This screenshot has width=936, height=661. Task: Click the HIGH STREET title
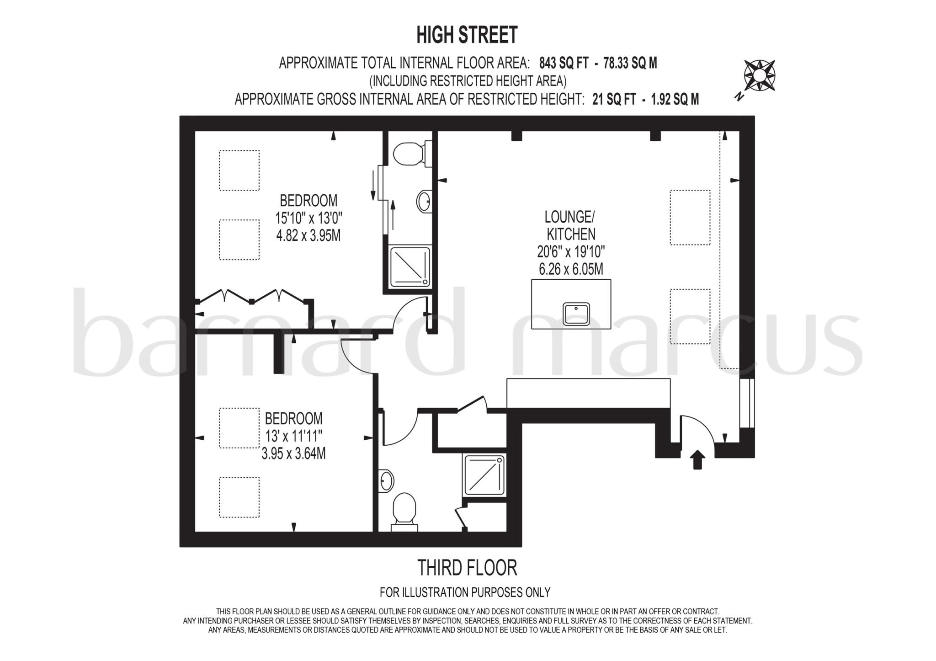click(x=467, y=35)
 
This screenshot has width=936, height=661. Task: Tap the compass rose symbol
click(x=759, y=75)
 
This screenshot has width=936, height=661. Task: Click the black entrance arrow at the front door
click(x=697, y=459)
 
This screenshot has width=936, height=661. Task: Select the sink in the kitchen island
click(x=576, y=314)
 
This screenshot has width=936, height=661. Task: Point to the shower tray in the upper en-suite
click(x=410, y=267)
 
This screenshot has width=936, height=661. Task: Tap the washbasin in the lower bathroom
click(x=387, y=481)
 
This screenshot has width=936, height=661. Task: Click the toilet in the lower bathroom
click(x=404, y=511)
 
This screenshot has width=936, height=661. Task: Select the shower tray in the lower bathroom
click(x=484, y=475)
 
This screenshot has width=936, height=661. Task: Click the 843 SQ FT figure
click(x=564, y=63)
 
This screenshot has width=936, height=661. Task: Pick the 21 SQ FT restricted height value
click(x=614, y=99)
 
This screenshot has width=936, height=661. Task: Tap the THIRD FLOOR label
click(x=467, y=568)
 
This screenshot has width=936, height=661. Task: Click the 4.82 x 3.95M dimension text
click(x=308, y=235)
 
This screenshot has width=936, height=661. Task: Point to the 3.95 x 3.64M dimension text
click(x=293, y=453)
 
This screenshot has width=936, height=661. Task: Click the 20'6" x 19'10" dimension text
click(x=571, y=251)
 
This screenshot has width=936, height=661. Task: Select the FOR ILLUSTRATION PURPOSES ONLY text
click(x=465, y=592)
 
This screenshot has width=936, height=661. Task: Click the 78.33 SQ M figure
click(x=630, y=63)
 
